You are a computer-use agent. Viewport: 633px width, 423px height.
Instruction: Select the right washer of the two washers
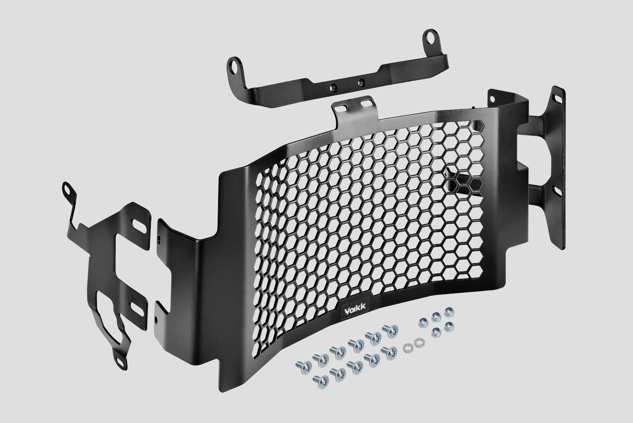419,342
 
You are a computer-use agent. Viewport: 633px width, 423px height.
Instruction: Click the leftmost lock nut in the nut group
423,322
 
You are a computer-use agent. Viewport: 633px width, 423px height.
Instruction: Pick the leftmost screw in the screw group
303,367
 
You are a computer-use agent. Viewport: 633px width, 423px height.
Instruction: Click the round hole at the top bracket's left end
233,68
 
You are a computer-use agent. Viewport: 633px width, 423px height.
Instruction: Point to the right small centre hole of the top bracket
361,83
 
